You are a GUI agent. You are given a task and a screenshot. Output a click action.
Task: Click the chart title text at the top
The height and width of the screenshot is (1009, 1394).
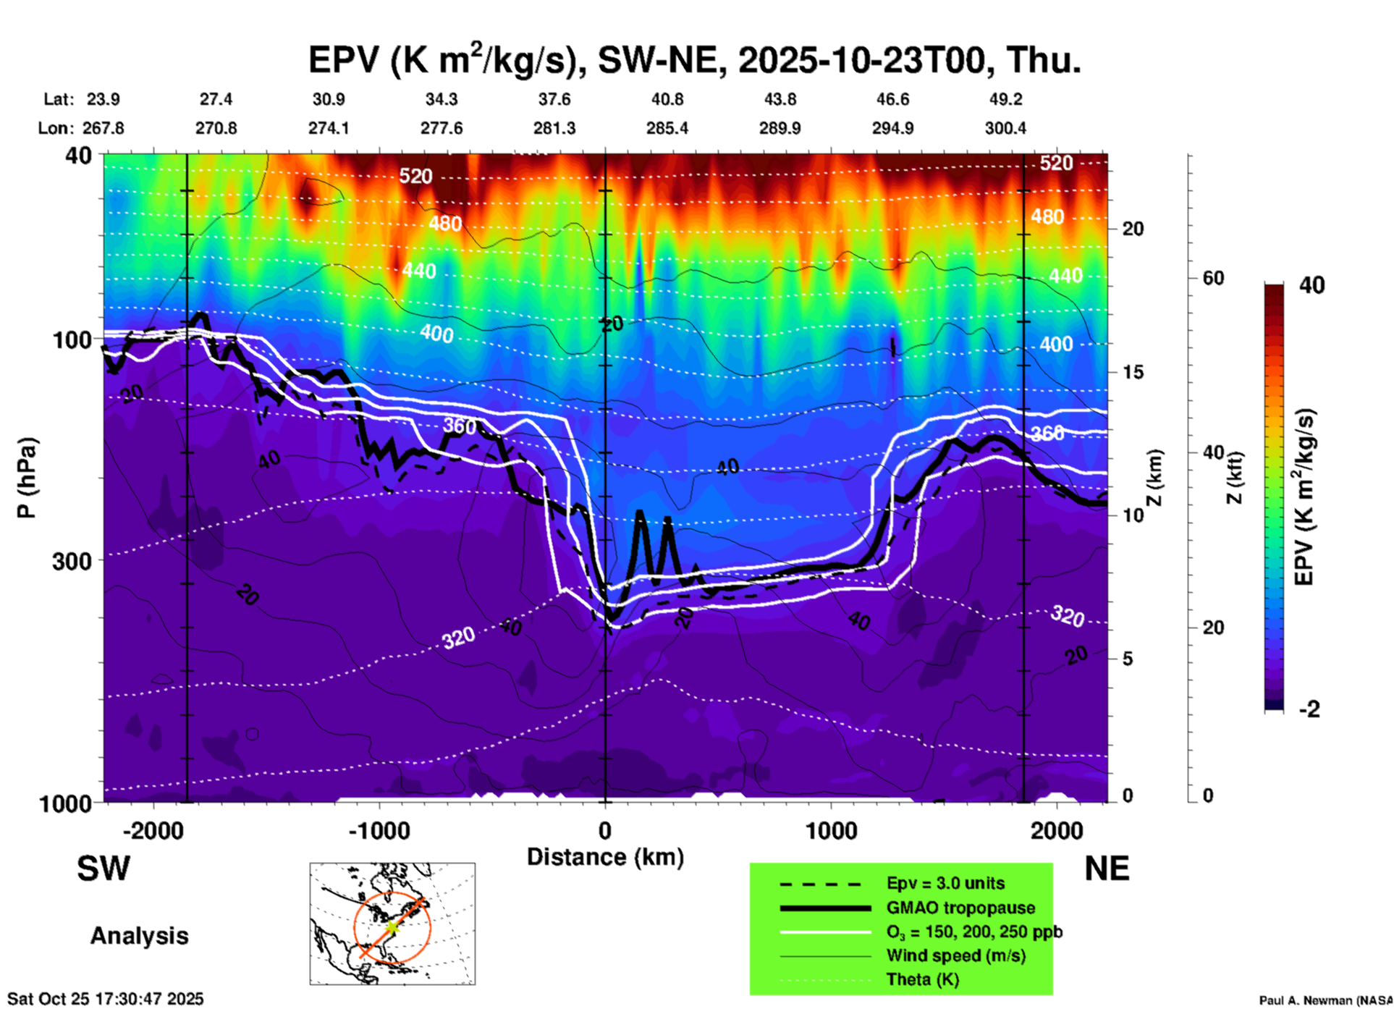tap(695, 59)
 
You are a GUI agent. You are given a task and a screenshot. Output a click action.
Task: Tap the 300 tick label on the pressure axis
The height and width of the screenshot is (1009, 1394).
tap(72, 561)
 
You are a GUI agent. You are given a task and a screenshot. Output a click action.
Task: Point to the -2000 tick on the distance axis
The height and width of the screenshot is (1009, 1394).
tap(153, 830)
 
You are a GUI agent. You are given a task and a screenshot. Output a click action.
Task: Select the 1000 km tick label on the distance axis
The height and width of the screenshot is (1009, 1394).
tap(831, 830)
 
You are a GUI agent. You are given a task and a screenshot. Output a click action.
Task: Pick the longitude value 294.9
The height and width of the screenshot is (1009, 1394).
tap(892, 128)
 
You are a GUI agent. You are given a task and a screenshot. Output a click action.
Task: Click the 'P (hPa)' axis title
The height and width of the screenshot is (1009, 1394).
tap(27, 478)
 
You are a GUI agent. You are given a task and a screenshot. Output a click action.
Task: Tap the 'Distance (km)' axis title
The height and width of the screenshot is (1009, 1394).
tap(605, 857)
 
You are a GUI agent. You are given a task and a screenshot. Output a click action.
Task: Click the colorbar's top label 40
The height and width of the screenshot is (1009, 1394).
tap(1311, 285)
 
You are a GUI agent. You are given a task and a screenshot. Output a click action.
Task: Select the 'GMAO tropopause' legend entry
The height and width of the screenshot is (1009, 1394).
tap(960, 908)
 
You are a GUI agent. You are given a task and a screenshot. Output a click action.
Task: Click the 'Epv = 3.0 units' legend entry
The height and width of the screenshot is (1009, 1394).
tap(945, 884)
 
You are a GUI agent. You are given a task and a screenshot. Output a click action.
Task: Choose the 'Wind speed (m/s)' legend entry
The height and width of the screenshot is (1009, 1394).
tap(955, 956)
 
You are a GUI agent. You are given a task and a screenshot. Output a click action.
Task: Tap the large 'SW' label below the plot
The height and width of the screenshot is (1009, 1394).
tap(104, 869)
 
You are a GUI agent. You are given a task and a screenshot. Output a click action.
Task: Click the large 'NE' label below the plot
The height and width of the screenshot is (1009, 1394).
tap(1107, 869)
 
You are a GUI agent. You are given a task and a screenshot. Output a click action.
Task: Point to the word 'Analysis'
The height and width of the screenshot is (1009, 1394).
tap(139, 936)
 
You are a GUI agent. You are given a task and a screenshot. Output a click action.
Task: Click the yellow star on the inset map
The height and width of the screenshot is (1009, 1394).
tap(392, 926)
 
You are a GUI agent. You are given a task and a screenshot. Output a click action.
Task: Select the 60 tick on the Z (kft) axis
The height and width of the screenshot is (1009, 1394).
tap(1212, 278)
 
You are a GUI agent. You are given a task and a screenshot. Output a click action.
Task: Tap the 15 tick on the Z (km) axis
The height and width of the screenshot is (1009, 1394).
tap(1133, 372)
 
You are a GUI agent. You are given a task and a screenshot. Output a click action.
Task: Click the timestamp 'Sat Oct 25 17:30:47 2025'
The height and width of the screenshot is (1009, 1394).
tap(106, 999)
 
